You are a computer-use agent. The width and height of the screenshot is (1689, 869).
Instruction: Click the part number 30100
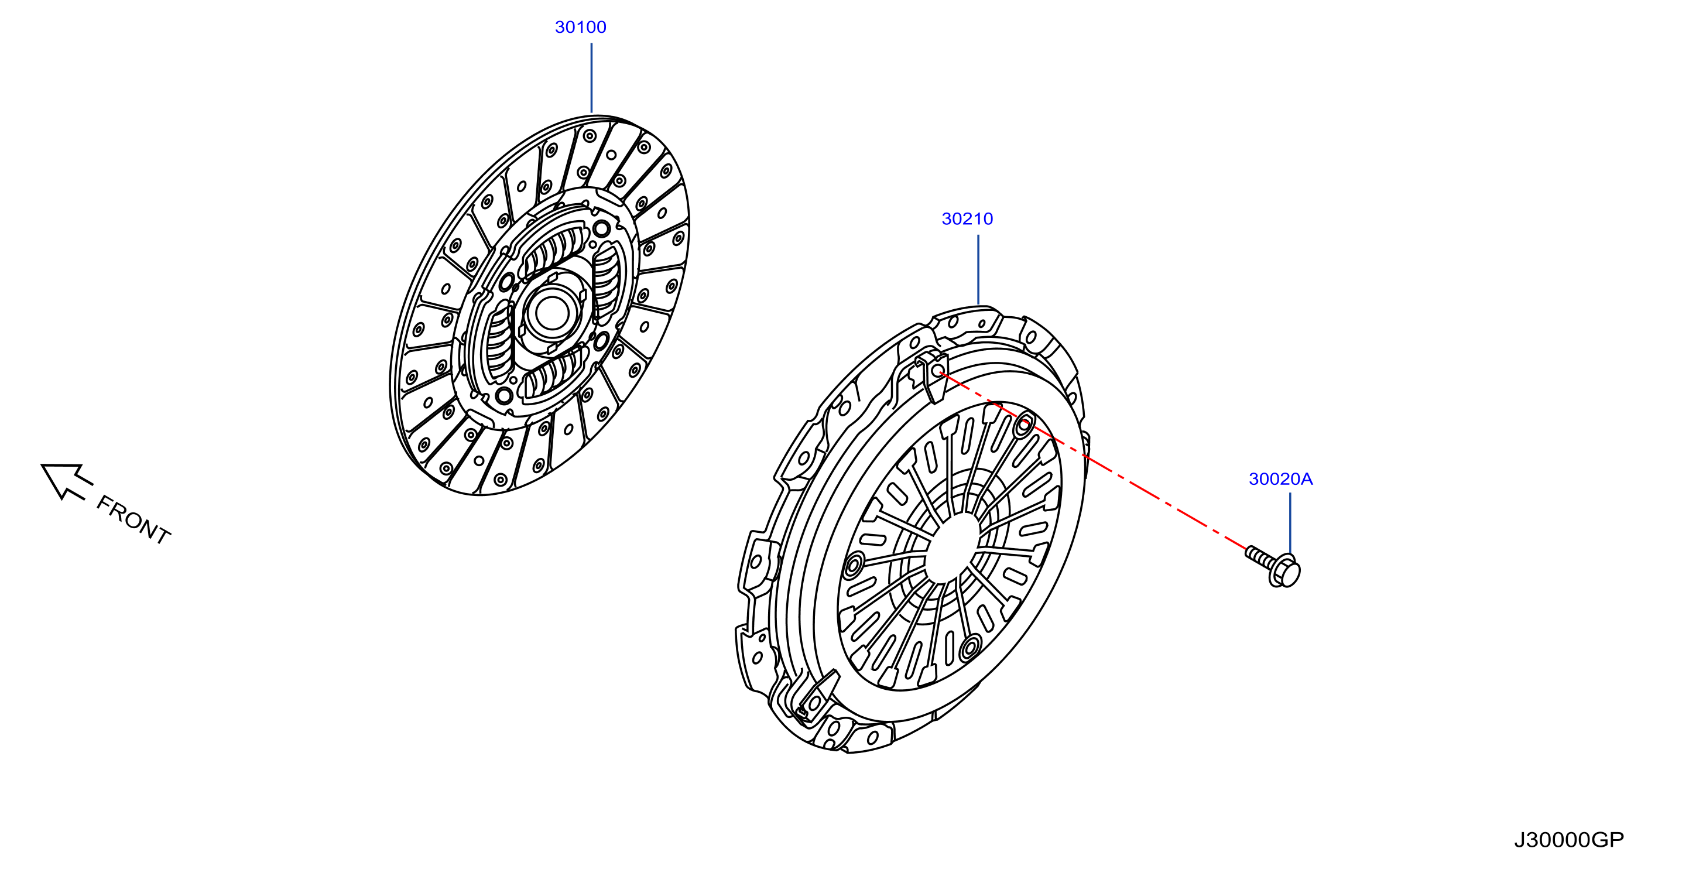point(580,27)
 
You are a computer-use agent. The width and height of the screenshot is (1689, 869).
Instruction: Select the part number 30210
point(967,218)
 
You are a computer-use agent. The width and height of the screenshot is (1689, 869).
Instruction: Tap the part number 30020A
point(1280,479)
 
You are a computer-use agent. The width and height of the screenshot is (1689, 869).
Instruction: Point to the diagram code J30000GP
point(1568,840)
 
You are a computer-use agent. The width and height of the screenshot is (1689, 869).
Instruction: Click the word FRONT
point(133,520)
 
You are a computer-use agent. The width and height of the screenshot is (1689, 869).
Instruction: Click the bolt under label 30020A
point(1273,567)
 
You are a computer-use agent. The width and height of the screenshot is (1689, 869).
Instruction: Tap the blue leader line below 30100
point(591,78)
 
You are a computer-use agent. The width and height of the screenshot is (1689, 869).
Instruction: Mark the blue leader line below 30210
point(978,269)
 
